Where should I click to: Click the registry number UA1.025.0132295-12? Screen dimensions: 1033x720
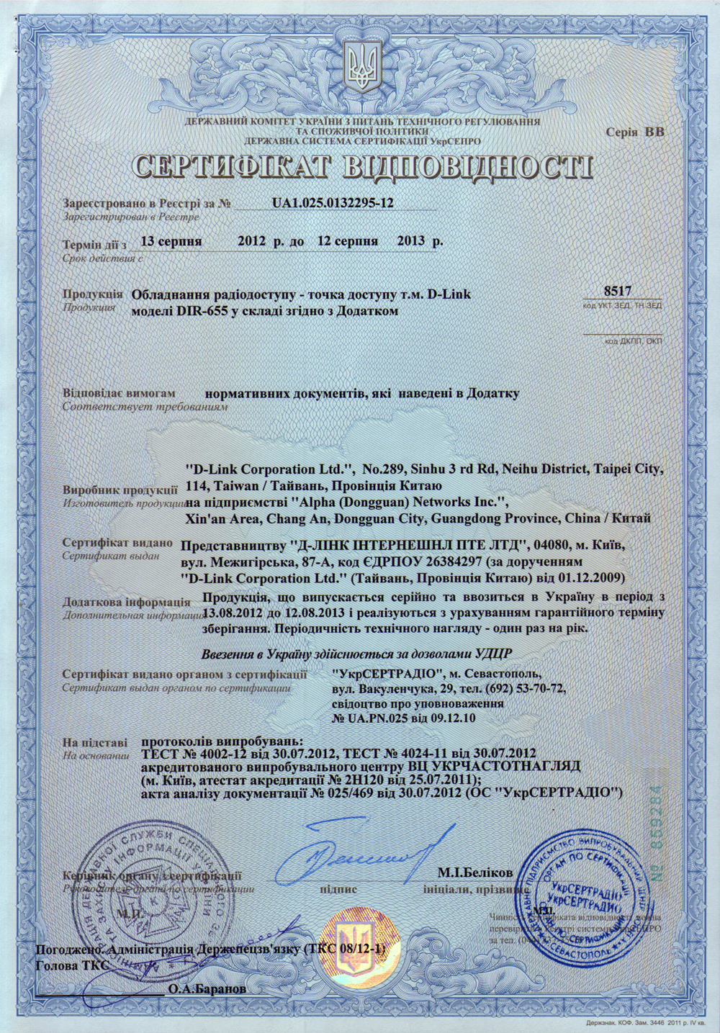[333, 204]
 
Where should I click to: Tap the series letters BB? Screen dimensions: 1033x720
[654, 132]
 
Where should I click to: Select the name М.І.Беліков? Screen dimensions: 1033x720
[474, 873]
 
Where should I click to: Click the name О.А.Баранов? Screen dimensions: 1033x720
[207, 989]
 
